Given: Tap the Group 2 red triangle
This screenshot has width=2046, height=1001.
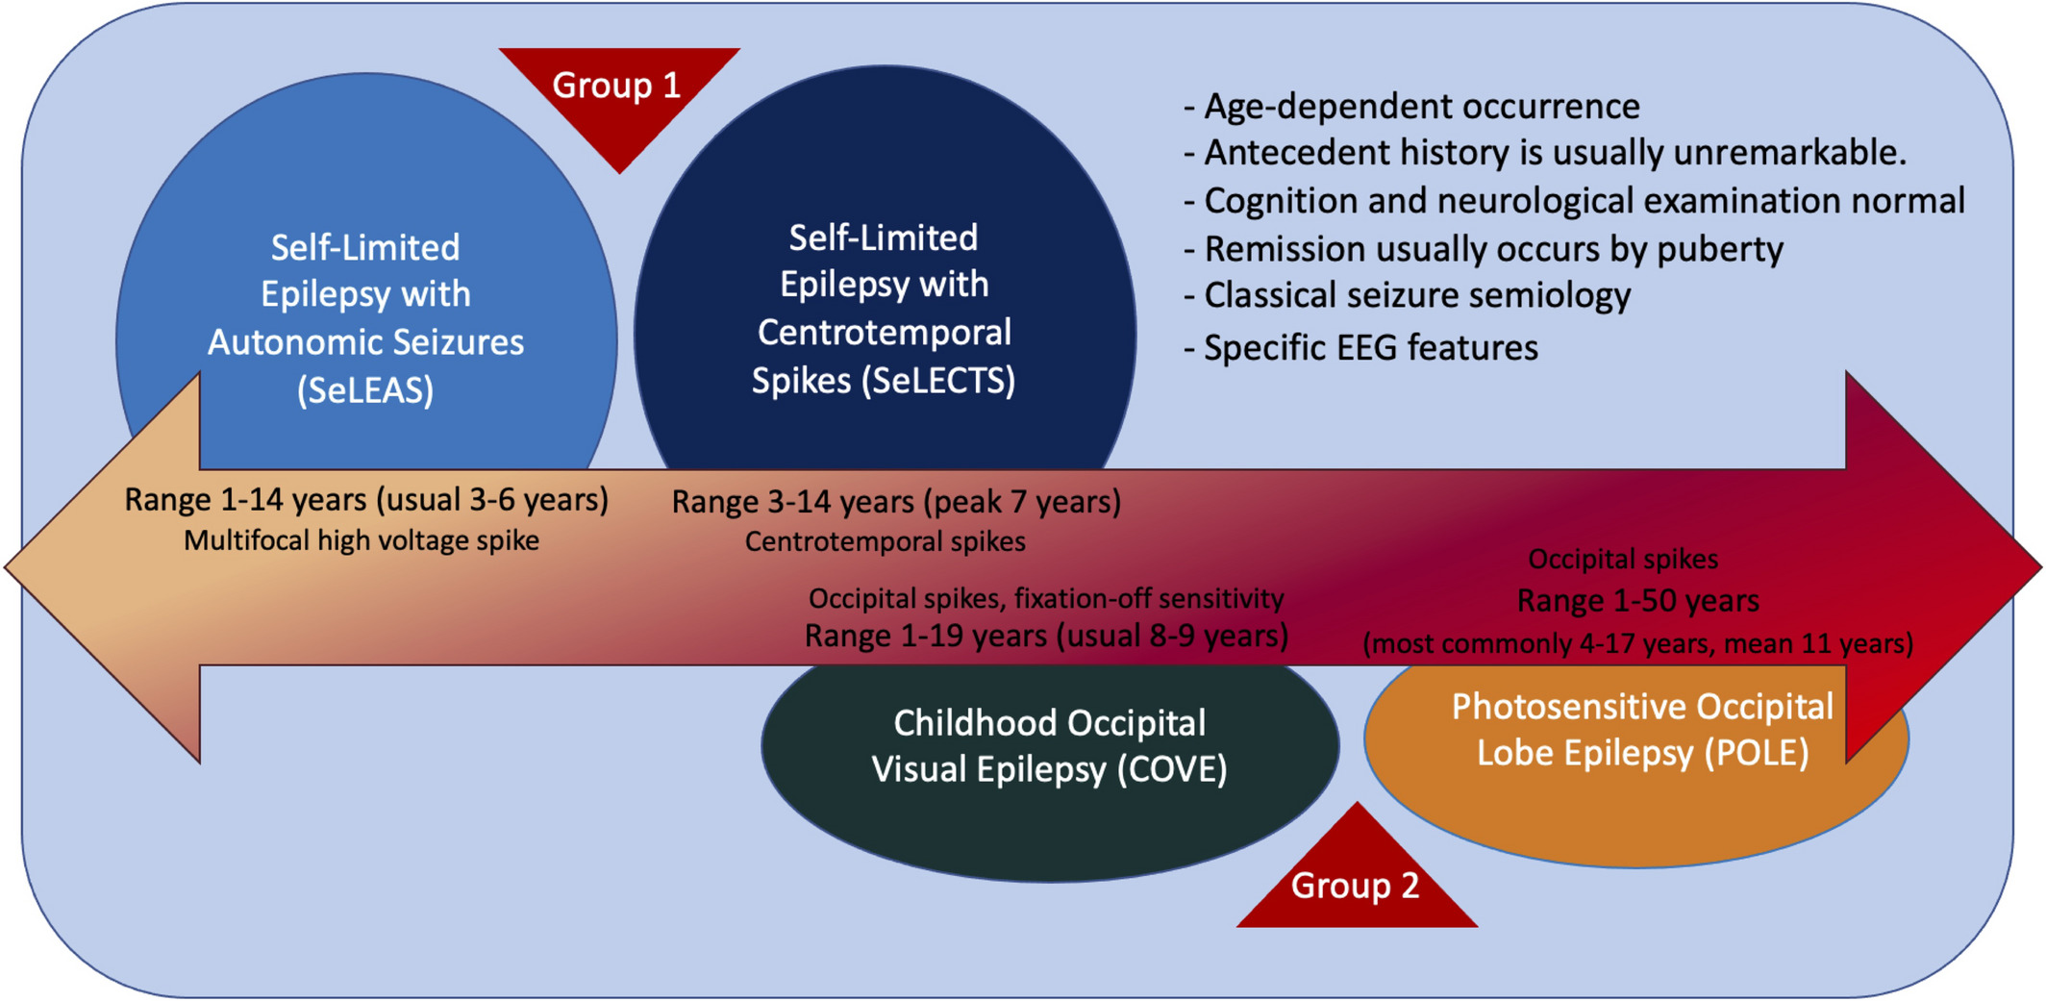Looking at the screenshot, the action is point(1357,875).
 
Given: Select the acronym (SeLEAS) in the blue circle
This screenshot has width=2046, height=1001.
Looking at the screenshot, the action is point(365,390).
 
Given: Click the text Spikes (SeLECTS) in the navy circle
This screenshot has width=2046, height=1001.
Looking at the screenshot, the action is point(884,381).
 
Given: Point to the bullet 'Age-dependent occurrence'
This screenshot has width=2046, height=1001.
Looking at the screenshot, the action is point(1412,107).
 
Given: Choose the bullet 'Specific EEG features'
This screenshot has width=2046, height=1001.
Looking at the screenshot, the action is point(1361,348).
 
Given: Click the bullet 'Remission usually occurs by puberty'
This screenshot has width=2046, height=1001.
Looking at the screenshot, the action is point(1484,250).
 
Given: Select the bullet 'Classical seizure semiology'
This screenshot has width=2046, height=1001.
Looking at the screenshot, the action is point(1408,296).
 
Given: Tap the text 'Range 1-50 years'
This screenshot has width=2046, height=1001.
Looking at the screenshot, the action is point(1638,601).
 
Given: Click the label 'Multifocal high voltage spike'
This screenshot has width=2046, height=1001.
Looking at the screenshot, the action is point(362,540).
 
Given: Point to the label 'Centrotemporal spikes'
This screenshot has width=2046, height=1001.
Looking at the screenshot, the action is point(886,541).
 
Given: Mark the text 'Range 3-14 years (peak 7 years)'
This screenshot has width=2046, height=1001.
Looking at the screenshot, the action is point(896,502).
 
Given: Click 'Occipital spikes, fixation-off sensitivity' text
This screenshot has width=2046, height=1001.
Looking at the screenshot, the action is point(1046,598).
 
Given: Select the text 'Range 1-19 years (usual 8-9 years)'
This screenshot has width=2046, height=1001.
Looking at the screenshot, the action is point(1047,636).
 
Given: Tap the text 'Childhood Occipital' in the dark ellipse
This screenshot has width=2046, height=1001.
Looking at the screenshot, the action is point(1050,723).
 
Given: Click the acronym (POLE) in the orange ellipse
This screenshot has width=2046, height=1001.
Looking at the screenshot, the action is point(1757,753).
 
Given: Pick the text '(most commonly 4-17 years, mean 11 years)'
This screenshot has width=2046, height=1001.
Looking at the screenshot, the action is point(1638,643).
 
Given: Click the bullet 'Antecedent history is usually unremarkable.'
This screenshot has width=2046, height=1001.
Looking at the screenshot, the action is point(1545,153).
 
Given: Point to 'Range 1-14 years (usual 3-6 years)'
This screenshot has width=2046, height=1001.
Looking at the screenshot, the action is point(366,500).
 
